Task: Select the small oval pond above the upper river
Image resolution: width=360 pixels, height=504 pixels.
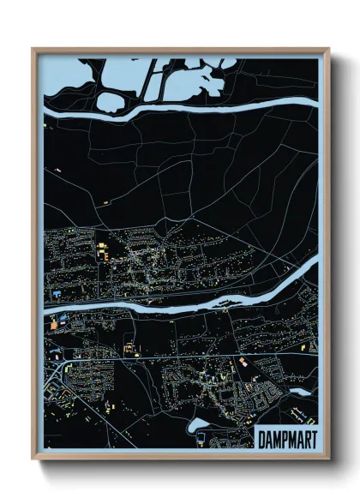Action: [110, 102]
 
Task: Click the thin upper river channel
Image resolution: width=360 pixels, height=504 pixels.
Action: [214, 107]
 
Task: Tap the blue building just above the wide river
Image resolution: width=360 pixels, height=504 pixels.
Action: [57, 294]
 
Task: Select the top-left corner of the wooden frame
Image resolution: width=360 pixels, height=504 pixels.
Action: [33, 49]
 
